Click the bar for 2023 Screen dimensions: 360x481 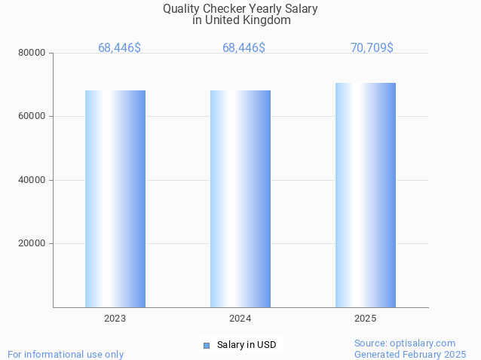point(115,199)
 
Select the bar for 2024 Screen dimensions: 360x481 point(240,199)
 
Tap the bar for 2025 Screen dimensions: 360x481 point(366,195)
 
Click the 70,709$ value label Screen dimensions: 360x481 point(372,47)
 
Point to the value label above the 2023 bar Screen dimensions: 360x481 point(119,47)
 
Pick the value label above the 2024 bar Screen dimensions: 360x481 point(244,47)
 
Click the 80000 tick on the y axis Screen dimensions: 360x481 point(33,53)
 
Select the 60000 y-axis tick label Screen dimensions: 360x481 point(33,116)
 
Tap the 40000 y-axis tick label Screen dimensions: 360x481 point(33,180)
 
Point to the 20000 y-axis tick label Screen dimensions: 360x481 point(33,243)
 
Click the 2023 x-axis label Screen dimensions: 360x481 point(115,319)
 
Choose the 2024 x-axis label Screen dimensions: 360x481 point(240,319)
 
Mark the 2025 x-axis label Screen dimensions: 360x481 point(366,319)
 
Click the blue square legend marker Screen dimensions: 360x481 point(206,345)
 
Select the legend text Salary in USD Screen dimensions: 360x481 point(247,345)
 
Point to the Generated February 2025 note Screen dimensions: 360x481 point(410,354)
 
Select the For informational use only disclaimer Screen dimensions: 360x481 point(66,354)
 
